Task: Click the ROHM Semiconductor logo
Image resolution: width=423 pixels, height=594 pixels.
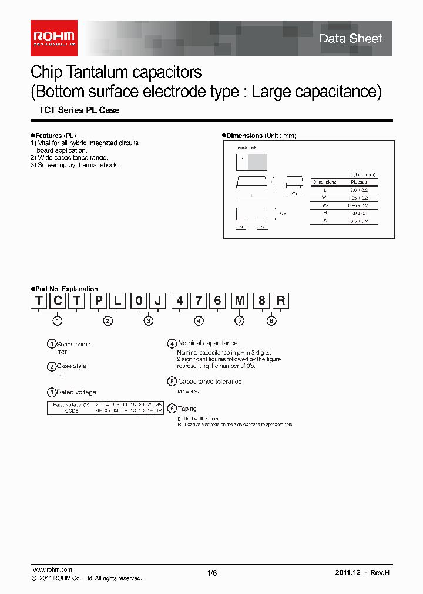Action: (53, 38)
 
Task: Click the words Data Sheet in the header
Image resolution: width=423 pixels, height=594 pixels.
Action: (350, 39)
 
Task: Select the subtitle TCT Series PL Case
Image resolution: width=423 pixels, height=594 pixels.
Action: (79, 110)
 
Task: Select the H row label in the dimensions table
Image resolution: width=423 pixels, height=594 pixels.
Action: (324, 214)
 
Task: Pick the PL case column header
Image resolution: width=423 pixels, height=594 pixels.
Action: (359, 182)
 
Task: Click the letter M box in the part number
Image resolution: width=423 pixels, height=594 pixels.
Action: (240, 301)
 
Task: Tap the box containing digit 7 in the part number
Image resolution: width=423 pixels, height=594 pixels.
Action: (199, 301)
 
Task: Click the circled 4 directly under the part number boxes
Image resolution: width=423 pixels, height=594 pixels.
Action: (199, 320)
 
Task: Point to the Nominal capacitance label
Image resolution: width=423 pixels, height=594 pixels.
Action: (207, 343)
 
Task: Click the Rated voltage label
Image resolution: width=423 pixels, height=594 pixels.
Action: (76, 392)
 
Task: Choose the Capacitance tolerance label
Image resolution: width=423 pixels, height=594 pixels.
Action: (210, 382)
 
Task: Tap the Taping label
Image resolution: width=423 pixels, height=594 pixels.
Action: (187, 409)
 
